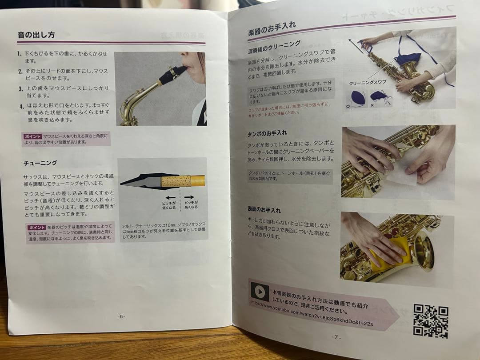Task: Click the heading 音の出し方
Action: pyautogui.click(x=36, y=35)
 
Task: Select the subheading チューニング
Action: pyautogui.click(x=40, y=163)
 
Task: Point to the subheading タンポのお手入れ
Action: pyautogui.click(x=267, y=133)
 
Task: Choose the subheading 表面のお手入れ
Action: pyautogui.click(x=264, y=209)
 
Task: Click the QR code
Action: pyautogui.click(x=430, y=321)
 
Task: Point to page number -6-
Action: pyautogui.click(x=121, y=316)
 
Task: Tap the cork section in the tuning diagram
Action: pyautogui.click(x=175, y=181)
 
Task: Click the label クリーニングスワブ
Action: pyautogui.click(x=367, y=83)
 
